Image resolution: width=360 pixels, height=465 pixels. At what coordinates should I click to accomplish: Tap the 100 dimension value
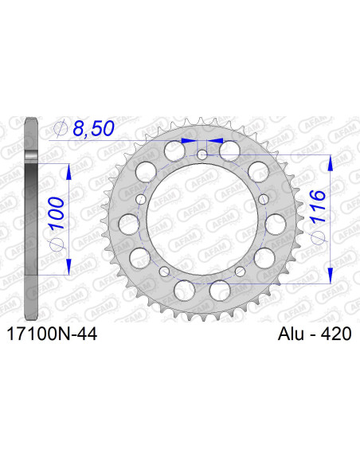pyautogui.click(x=56, y=213)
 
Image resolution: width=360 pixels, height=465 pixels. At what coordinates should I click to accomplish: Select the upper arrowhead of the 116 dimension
pyautogui.click(x=329, y=161)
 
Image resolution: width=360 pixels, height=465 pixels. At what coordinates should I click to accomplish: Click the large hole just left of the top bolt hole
pyautogui.click(x=173, y=150)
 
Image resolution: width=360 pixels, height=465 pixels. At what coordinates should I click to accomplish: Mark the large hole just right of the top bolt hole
pyautogui.click(x=230, y=150)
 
